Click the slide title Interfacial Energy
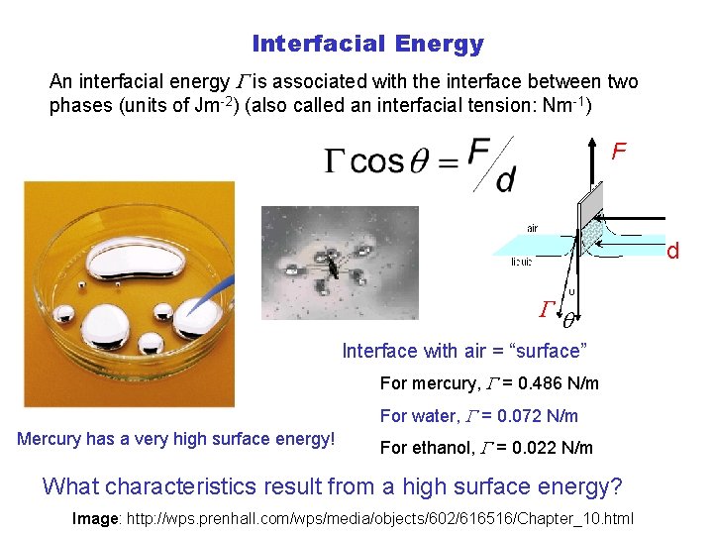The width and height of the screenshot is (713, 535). [x=367, y=44]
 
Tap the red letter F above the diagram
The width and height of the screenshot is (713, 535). [x=619, y=152]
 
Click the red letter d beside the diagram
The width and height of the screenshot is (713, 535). [x=672, y=252]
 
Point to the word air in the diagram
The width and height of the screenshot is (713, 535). [x=532, y=228]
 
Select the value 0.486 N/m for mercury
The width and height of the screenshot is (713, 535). [x=558, y=383]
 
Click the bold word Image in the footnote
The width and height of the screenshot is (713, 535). [x=95, y=518]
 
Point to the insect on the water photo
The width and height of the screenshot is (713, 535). [x=335, y=266]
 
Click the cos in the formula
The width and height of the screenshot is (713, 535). [x=376, y=162]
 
